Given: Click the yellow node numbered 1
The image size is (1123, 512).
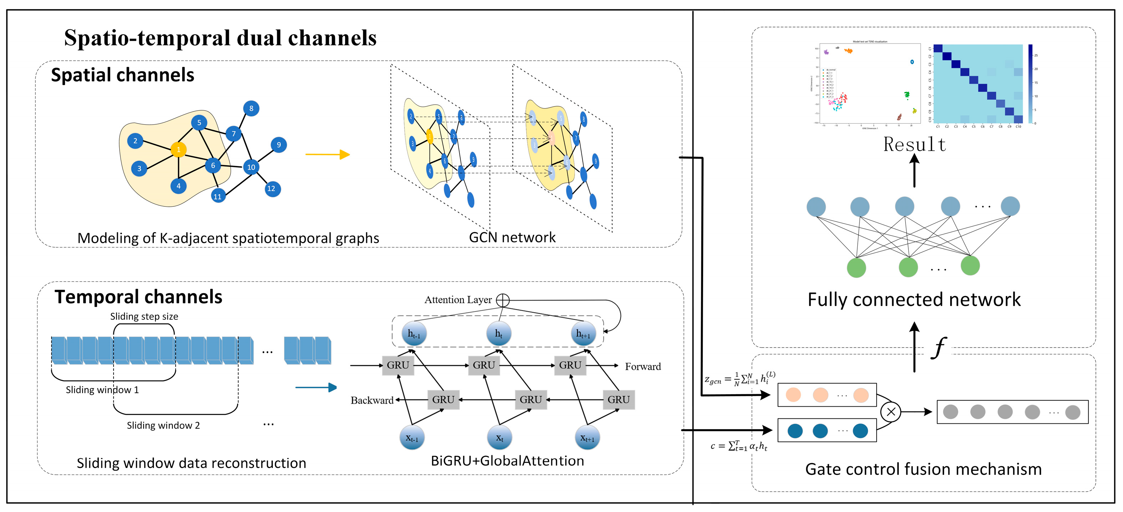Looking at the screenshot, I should click(x=178, y=150).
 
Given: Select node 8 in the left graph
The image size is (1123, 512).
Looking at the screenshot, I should click(x=251, y=109).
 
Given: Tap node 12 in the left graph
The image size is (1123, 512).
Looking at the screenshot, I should click(x=272, y=189).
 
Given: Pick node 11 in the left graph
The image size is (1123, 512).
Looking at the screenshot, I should click(x=217, y=196).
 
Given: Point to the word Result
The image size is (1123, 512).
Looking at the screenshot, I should click(x=914, y=145).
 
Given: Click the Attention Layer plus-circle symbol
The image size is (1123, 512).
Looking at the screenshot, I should click(x=503, y=300).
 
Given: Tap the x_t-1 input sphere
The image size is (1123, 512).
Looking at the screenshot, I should click(x=412, y=437).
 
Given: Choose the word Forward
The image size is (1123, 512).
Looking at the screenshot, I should click(x=643, y=366).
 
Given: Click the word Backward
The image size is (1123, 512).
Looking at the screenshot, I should click(x=372, y=400).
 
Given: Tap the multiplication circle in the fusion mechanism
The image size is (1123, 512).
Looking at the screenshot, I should click(x=891, y=411).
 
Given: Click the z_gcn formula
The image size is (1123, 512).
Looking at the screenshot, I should click(x=740, y=379).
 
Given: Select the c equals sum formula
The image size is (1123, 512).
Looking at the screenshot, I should click(x=739, y=446).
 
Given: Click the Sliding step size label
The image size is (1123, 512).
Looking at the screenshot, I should click(x=144, y=316).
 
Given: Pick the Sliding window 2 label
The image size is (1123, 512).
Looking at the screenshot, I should click(x=163, y=425).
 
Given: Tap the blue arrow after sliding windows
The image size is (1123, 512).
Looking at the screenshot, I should click(x=316, y=387).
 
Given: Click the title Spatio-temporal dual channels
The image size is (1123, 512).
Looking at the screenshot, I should click(x=220, y=37).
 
